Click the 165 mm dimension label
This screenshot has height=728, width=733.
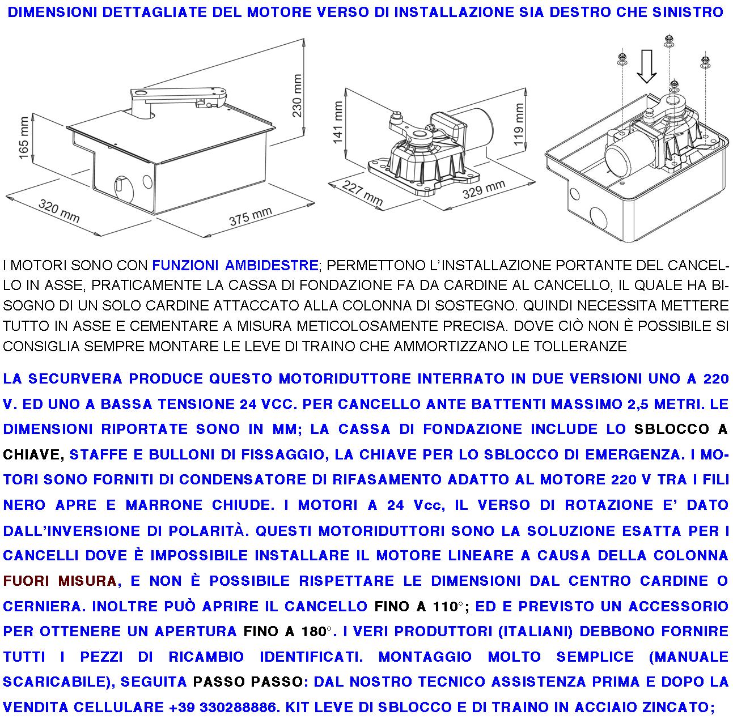coord(24,138)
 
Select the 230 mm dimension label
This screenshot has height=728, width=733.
coord(297,95)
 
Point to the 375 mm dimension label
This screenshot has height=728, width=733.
coord(250,216)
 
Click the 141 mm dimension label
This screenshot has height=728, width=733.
coord(338,122)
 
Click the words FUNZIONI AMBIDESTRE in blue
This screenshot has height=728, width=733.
coord(235,265)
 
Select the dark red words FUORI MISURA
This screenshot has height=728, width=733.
coord(60,581)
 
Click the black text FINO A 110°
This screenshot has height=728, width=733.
coord(420,606)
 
